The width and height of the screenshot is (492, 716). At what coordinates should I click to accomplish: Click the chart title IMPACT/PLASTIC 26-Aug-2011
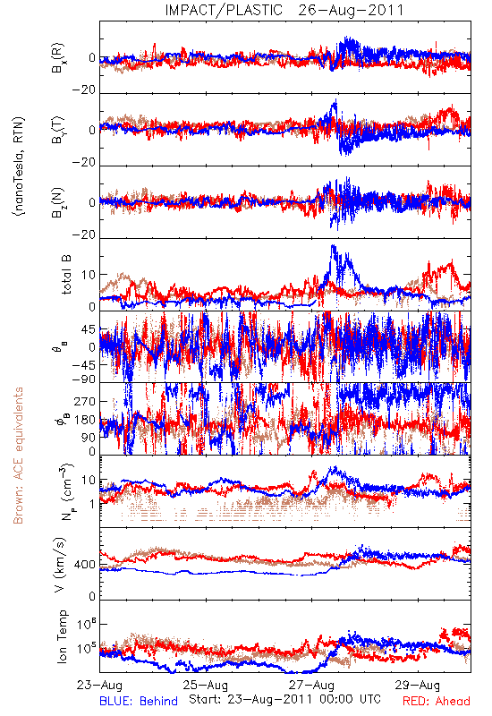tap(284, 10)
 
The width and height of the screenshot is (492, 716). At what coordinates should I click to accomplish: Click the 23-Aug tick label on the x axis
tap(99, 685)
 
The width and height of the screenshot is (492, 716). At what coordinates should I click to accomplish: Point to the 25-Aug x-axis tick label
tap(206, 685)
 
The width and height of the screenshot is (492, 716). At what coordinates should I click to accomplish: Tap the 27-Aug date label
tap(311, 685)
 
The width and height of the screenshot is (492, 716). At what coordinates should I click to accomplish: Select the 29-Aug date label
tap(418, 685)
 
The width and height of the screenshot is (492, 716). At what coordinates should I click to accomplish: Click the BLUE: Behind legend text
tap(139, 701)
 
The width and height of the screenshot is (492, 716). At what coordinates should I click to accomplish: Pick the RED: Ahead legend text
tap(437, 701)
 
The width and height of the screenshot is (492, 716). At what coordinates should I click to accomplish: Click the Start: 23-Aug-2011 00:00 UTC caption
tap(284, 699)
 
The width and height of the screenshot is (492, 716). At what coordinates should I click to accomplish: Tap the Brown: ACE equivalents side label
tap(18, 456)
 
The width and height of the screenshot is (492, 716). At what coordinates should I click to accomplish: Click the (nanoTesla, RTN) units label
tap(19, 166)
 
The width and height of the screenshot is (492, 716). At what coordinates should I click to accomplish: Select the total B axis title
tap(65, 275)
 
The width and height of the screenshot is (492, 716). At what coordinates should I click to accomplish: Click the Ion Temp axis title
tap(62, 636)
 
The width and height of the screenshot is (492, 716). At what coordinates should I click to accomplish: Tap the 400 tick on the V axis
tap(85, 565)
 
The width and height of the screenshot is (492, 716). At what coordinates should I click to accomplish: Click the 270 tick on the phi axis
tap(85, 401)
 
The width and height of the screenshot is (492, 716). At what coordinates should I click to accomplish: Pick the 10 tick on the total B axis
tap(89, 275)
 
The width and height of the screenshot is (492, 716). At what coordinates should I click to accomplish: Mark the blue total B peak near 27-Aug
tap(333, 246)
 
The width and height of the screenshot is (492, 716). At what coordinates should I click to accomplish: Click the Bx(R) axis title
tap(58, 58)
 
